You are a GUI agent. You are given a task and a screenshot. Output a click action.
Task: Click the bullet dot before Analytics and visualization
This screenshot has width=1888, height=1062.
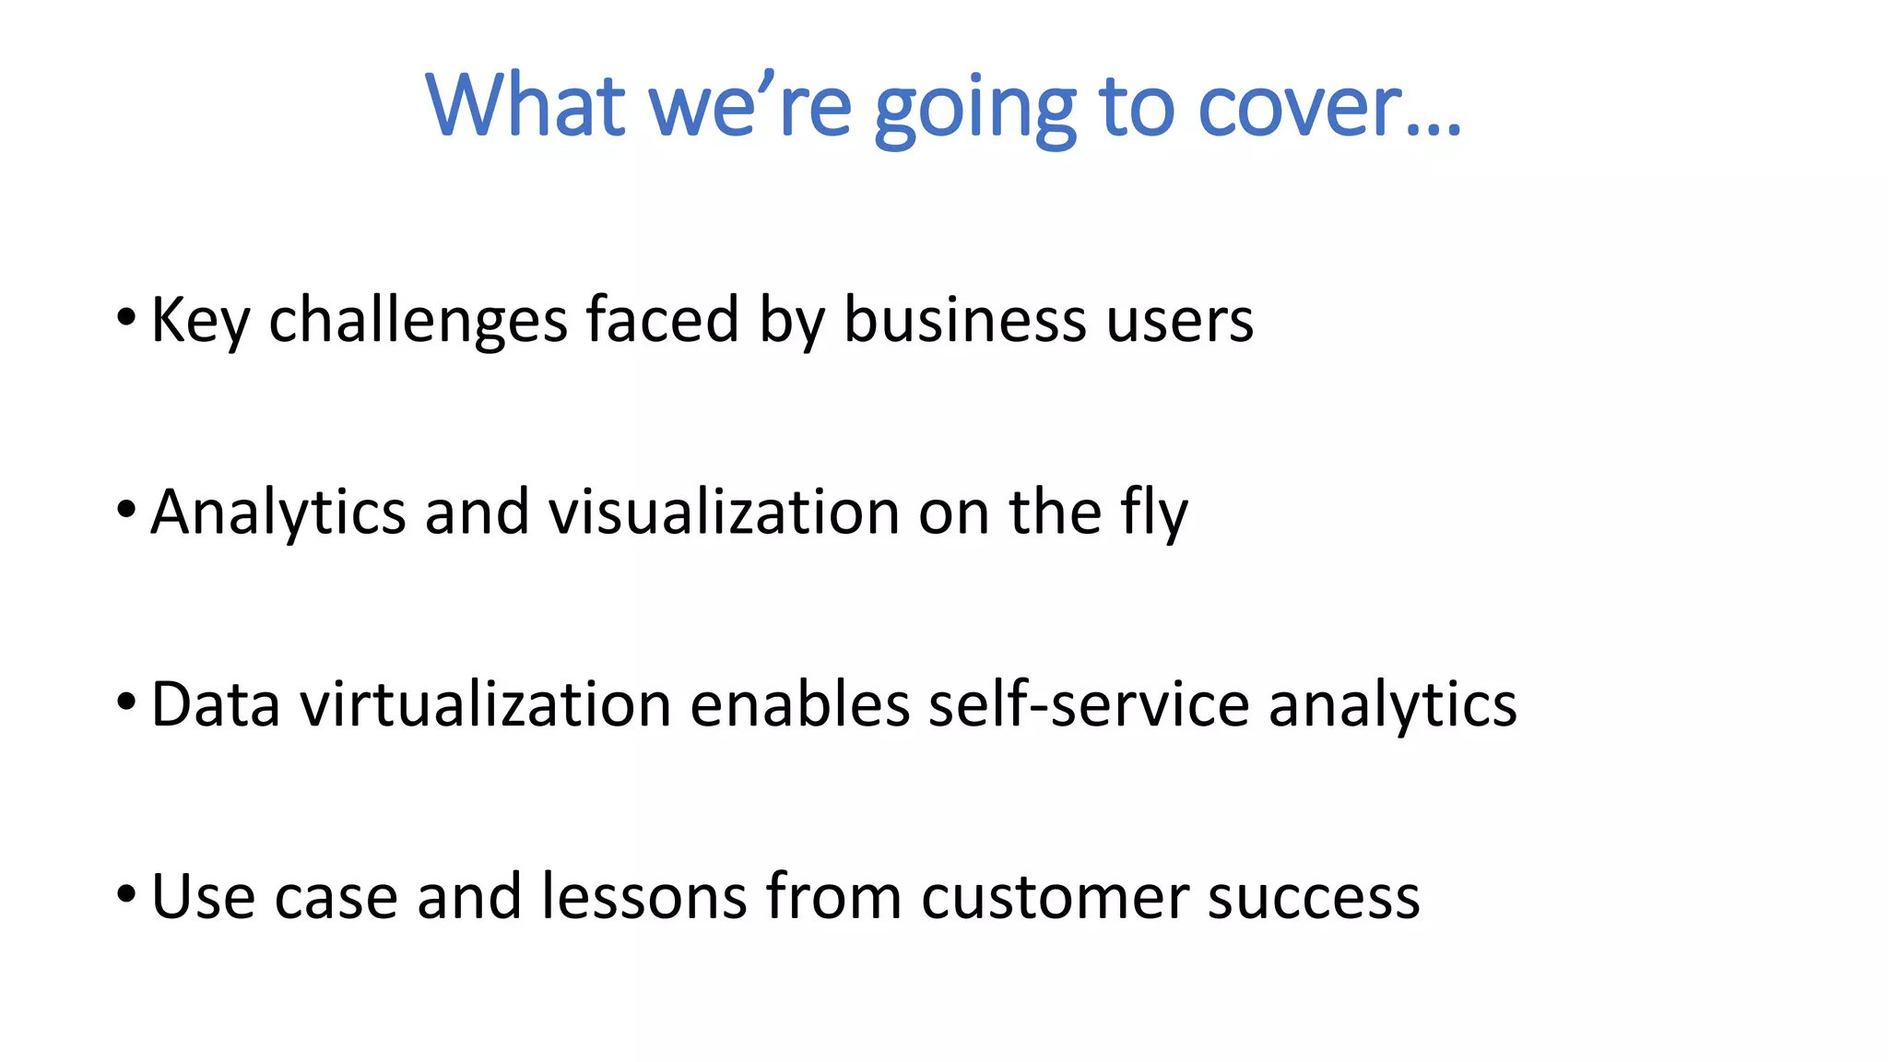(x=126, y=510)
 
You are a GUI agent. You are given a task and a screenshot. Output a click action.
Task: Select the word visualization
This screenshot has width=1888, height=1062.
(x=724, y=512)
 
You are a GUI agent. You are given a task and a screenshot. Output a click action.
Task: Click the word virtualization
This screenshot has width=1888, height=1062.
(x=486, y=704)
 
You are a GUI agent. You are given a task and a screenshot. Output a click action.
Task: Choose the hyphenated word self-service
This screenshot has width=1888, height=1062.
(x=1088, y=704)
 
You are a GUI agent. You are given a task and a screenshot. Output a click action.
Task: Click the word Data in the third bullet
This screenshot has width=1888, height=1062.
(x=215, y=704)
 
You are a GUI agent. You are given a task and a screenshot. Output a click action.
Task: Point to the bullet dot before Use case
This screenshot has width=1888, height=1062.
(x=126, y=894)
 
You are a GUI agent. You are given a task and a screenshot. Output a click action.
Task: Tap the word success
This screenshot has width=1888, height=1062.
(x=1314, y=896)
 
